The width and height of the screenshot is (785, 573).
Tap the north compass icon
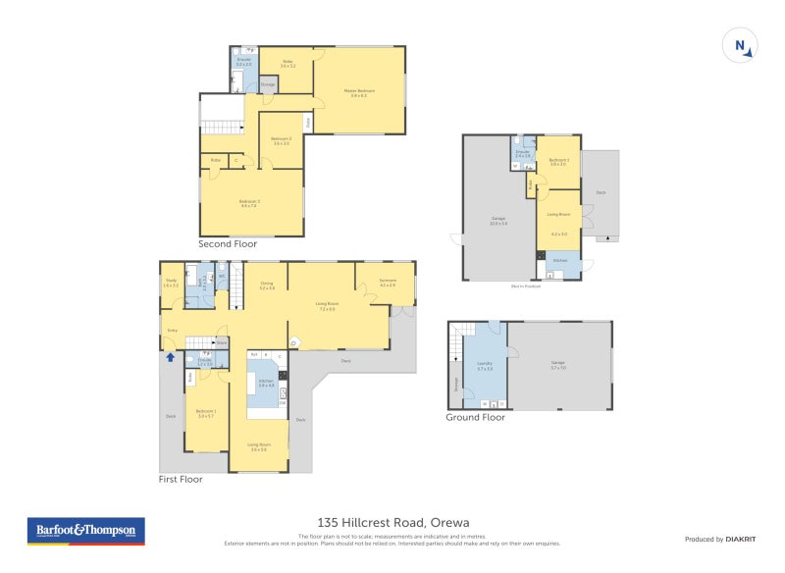(x=740, y=46)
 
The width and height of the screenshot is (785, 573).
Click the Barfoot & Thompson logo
(x=85, y=531)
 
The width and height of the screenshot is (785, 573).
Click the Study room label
(x=172, y=283)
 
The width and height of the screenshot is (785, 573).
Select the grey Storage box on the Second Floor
(x=268, y=85)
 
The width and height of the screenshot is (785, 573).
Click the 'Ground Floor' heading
(x=476, y=417)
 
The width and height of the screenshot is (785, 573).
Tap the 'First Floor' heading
(x=181, y=480)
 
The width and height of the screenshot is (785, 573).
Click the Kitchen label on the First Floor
(x=265, y=384)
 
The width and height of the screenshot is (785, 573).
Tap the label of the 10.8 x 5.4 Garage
(x=498, y=221)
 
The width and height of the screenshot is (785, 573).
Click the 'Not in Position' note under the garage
(x=525, y=286)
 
